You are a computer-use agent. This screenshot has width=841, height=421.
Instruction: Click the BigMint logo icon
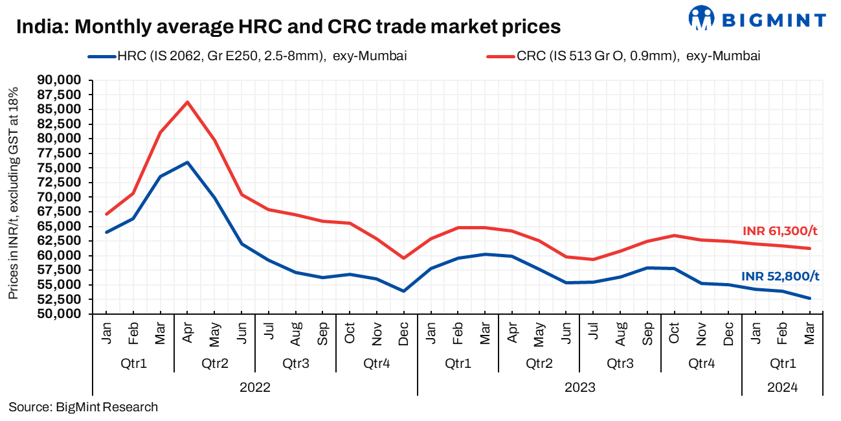pos(701,18)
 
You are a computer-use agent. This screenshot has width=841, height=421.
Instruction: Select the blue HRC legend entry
pos(247,56)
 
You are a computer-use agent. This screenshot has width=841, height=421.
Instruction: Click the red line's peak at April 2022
pos(187,102)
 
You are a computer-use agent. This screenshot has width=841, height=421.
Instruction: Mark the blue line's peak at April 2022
pos(187,162)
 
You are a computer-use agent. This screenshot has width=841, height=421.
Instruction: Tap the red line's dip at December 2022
pos(404,258)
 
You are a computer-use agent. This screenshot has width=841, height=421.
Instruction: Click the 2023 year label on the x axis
pos(579,387)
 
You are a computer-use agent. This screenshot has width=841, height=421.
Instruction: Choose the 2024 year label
pos(782,387)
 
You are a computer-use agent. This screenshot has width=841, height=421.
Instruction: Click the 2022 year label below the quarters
pos(254,387)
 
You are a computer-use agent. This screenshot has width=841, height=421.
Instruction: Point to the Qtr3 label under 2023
pos(620,363)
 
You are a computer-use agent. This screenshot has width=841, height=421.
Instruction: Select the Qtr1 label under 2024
pos(782,363)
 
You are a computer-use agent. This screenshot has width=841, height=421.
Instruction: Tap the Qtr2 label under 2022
pos(214,363)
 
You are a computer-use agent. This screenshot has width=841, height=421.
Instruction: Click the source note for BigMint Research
pos(83,407)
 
